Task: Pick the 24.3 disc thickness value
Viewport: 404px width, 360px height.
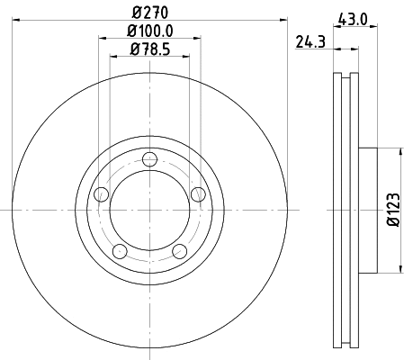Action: (x=310, y=41)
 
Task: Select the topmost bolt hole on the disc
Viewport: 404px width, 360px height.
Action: (x=149, y=159)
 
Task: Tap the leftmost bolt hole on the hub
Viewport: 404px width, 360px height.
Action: (x=101, y=194)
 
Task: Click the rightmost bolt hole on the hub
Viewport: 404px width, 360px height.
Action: (x=198, y=194)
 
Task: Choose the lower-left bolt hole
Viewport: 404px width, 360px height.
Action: (x=120, y=251)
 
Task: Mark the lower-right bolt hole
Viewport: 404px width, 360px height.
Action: (x=179, y=251)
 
